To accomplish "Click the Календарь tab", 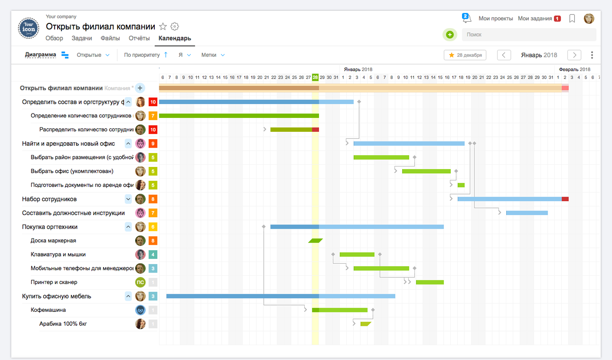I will (x=175, y=39).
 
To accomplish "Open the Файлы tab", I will (x=110, y=39).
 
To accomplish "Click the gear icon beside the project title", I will (x=175, y=27).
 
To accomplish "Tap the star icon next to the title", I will (x=163, y=27).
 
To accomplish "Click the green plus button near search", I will (x=450, y=35).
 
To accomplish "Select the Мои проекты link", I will (x=495, y=18).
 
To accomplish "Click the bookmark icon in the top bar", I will (x=572, y=18).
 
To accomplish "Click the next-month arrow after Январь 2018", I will (x=574, y=55).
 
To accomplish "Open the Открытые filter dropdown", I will (x=93, y=55).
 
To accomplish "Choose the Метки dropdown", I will (x=213, y=55).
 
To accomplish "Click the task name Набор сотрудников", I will (x=49, y=199).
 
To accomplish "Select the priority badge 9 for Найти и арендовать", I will (x=153, y=144).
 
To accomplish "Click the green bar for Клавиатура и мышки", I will (x=357, y=255).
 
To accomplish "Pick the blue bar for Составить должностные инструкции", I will (x=526, y=213).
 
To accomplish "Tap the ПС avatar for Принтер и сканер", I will (x=140, y=282).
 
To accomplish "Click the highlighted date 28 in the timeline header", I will (x=315, y=77).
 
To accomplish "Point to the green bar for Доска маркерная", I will (x=315, y=241).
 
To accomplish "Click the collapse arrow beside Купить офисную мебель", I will (x=128, y=296).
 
